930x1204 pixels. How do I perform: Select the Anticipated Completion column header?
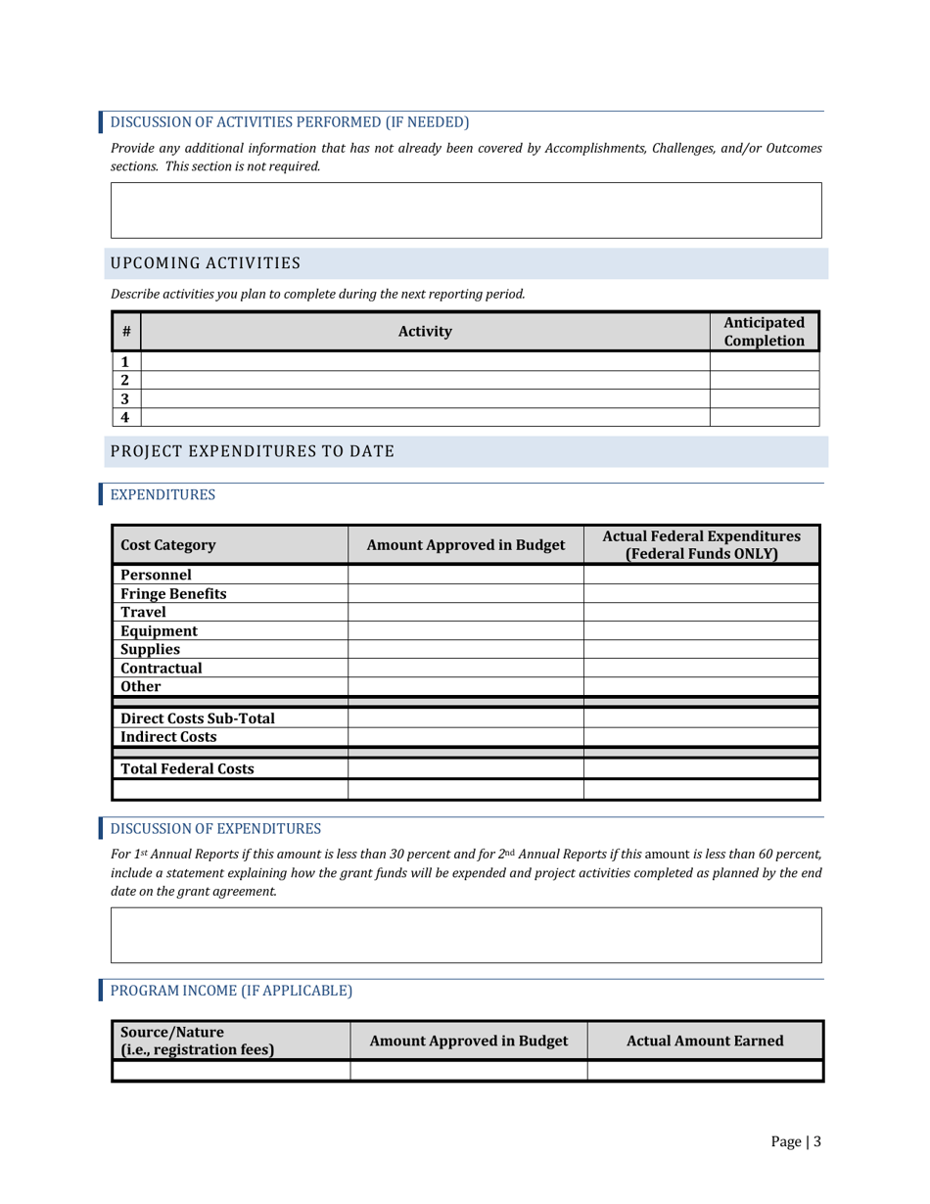[x=764, y=332]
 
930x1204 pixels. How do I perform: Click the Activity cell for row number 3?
[x=425, y=398]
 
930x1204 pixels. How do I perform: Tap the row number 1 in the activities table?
[x=126, y=361]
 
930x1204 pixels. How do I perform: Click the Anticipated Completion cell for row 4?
[x=764, y=417]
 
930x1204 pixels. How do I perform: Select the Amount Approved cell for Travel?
[x=466, y=612]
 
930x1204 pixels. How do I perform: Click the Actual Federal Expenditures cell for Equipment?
[x=701, y=630]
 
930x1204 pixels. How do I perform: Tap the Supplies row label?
[x=150, y=649]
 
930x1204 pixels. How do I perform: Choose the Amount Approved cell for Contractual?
[x=466, y=668]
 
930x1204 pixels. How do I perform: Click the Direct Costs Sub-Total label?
[x=197, y=718]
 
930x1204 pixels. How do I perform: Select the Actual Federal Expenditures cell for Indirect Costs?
[x=701, y=736]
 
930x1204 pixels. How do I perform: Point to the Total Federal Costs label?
[x=187, y=768]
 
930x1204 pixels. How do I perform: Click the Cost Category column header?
[x=167, y=544]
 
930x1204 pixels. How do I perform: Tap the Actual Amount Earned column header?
[x=705, y=1042]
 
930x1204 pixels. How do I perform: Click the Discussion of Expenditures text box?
[x=466, y=935]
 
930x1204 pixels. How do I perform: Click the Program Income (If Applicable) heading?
[x=230, y=991]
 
